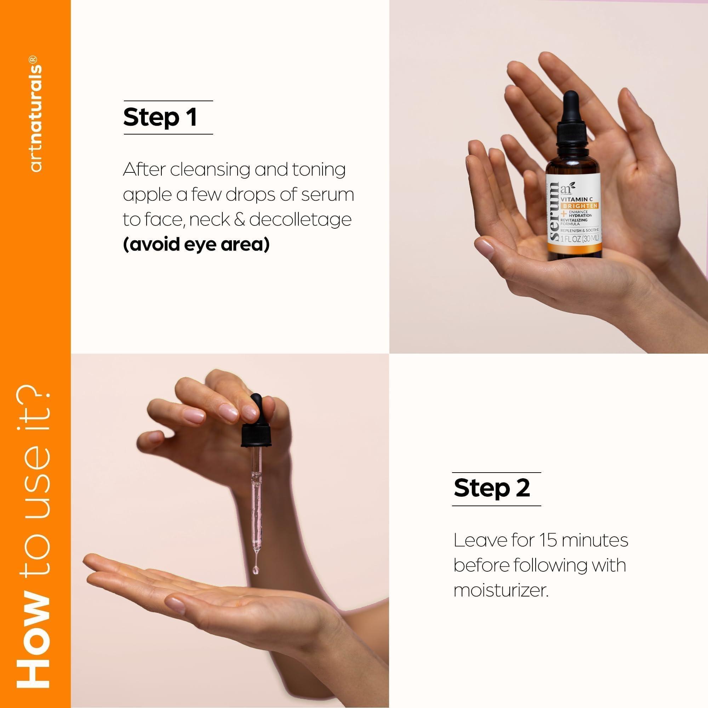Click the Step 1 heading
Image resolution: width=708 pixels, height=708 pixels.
pos(160,117)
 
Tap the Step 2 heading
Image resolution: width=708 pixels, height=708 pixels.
pos(491,489)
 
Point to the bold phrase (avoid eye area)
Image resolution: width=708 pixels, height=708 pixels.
pos(196,244)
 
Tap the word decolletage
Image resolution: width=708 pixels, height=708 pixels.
pos(300,219)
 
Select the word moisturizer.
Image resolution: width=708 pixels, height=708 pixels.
pos(501,590)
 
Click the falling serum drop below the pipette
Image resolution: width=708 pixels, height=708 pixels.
pos(256,570)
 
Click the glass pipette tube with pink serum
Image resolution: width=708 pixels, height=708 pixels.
pos(256,495)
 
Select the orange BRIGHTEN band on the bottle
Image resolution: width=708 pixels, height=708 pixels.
pos(580,206)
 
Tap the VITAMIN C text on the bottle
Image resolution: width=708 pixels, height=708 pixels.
pos(577,199)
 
